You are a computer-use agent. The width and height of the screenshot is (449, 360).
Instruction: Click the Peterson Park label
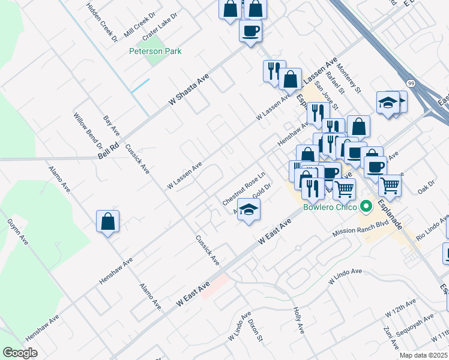[155, 51]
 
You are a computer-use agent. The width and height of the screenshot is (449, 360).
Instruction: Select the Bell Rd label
[109, 151]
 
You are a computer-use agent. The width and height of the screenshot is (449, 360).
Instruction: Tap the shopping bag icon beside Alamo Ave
[107, 221]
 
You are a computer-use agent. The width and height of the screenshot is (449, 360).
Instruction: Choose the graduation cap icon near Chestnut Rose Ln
[248, 211]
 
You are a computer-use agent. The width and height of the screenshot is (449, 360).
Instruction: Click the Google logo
[20, 353]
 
